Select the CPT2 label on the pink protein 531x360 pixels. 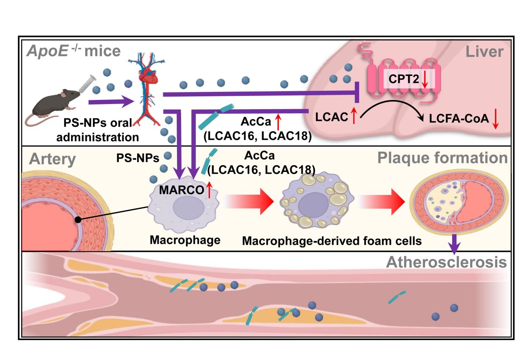click(403, 79)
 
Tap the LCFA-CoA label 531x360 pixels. click(458, 118)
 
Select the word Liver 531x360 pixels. click(484, 52)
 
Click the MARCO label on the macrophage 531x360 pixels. click(181, 190)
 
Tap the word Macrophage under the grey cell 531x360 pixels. click(185, 240)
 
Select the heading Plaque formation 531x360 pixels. click(442, 158)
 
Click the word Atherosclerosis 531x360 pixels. click(446, 262)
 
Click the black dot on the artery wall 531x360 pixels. click(78, 220)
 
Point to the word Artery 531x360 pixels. click(52, 159)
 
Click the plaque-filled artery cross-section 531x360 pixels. click(459, 202)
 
